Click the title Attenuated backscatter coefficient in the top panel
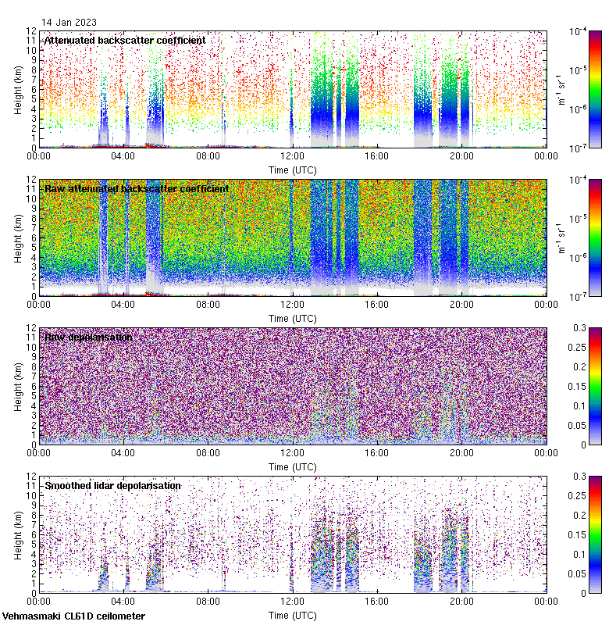point(125,40)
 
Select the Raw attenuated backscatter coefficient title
point(137,188)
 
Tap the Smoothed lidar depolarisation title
point(112,485)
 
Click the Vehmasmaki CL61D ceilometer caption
point(73,616)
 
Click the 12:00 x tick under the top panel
point(293,155)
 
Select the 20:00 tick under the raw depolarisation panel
point(461,452)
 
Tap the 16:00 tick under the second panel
point(377,304)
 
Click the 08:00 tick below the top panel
point(208,155)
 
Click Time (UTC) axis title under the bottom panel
point(293,615)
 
